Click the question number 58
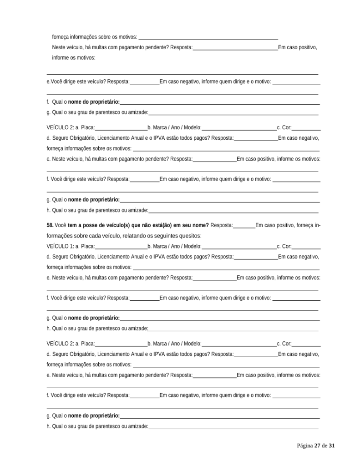pyautogui.click(x=50, y=225)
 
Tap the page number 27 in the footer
pyautogui.click(x=317, y=446)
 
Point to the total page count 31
pyautogui.click(x=332, y=446)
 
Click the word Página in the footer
pyautogui.click(x=305, y=446)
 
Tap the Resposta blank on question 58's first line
pyautogui.click(x=244, y=226)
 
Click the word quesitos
pyautogui.click(x=189, y=236)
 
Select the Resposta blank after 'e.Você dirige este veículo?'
pyautogui.click(x=145, y=82)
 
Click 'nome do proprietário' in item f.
pyautogui.click(x=94, y=101)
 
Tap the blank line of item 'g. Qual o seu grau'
pyautogui.click(x=233, y=112)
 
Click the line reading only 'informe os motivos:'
pyautogui.click(x=74, y=58)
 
